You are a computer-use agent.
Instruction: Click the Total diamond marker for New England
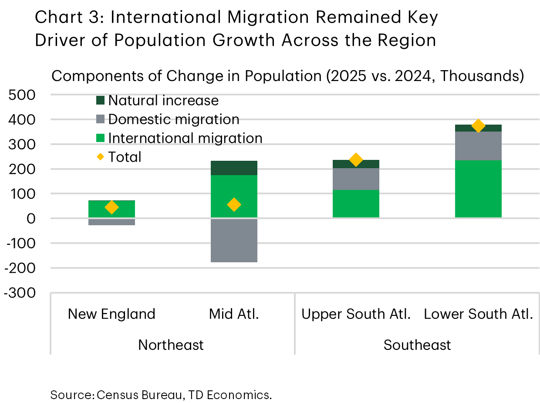[x=111, y=207]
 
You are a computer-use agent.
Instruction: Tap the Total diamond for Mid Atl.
[x=234, y=204]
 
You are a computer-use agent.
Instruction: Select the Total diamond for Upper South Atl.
[x=356, y=160]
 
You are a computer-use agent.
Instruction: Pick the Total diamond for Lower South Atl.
[x=478, y=126]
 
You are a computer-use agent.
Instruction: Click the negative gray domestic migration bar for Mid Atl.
[x=234, y=240]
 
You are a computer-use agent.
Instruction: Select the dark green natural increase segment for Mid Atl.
[x=234, y=168]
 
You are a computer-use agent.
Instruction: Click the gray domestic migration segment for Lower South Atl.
[x=478, y=146]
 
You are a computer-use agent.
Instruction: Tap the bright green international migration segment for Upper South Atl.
[x=356, y=203]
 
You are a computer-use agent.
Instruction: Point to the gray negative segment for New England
[x=111, y=222]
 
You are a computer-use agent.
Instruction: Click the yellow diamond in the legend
[x=101, y=157]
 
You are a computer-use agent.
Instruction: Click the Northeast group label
[x=171, y=345]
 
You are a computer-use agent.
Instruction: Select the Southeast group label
[x=417, y=345]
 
